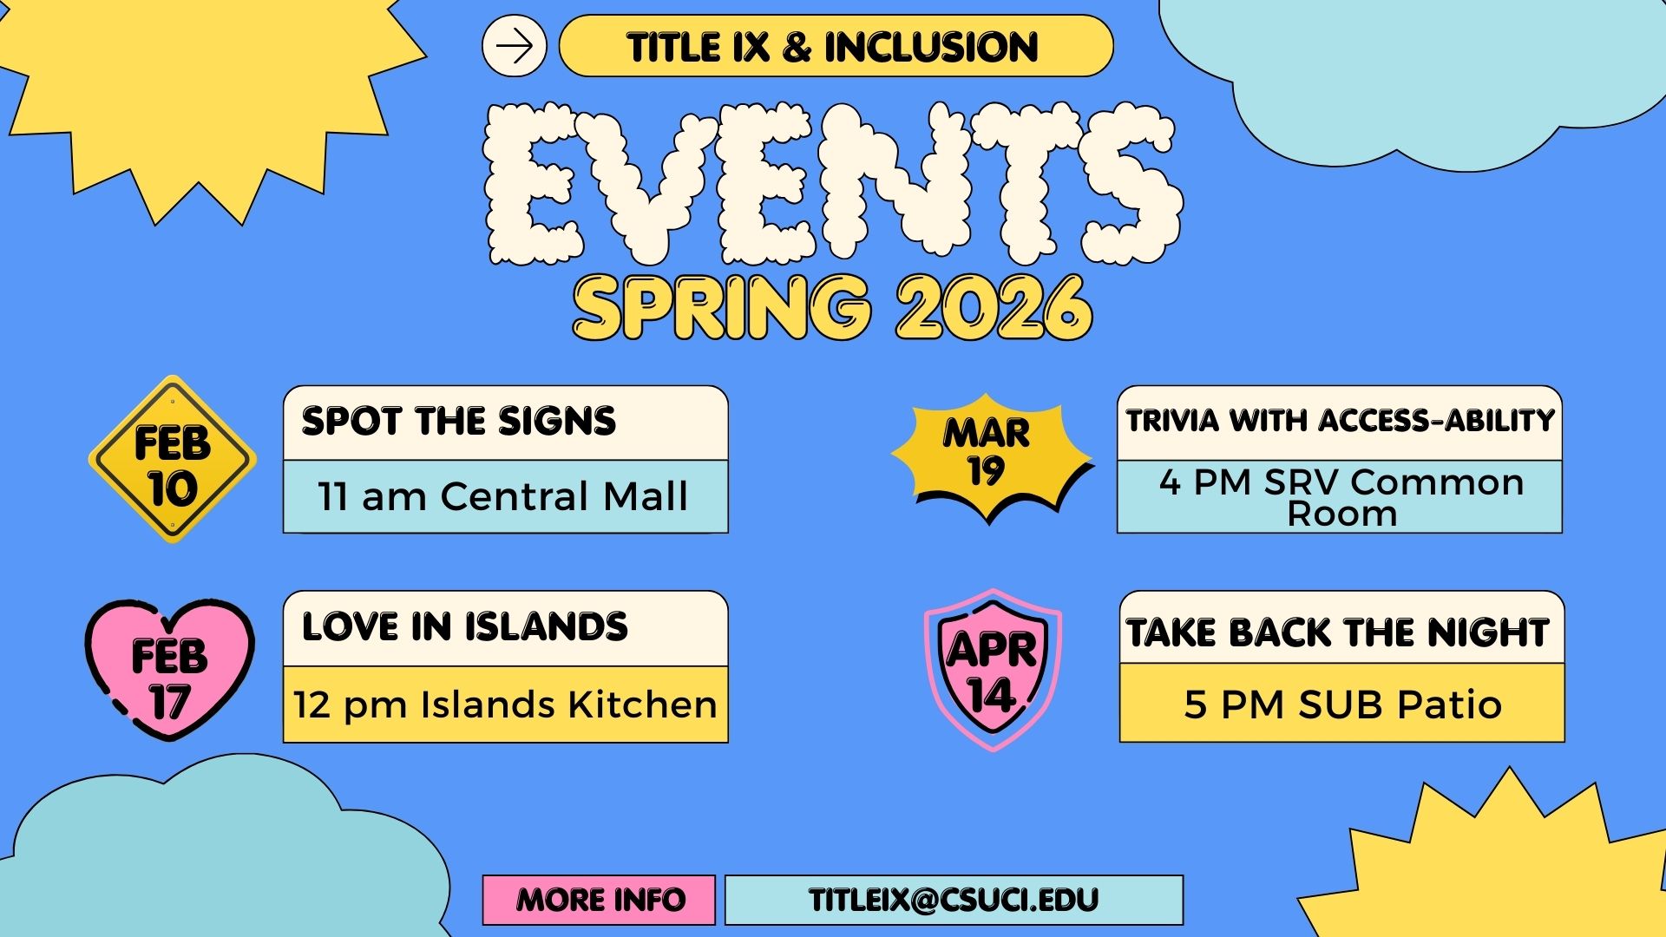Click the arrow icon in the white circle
[515, 46]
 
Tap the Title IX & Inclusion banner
[835, 46]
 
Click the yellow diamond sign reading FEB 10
[173, 460]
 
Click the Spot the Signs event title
[458, 422]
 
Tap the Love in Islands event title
[464, 627]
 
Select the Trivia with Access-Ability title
[1340, 421]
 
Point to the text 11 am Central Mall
[503, 497]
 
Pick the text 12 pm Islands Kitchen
[505, 704]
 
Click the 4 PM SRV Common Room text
[1341, 497]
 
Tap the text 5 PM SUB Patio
[1342, 704]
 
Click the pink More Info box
[600, 900]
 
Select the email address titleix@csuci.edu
[954, 900]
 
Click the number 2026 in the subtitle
[994, 308]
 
